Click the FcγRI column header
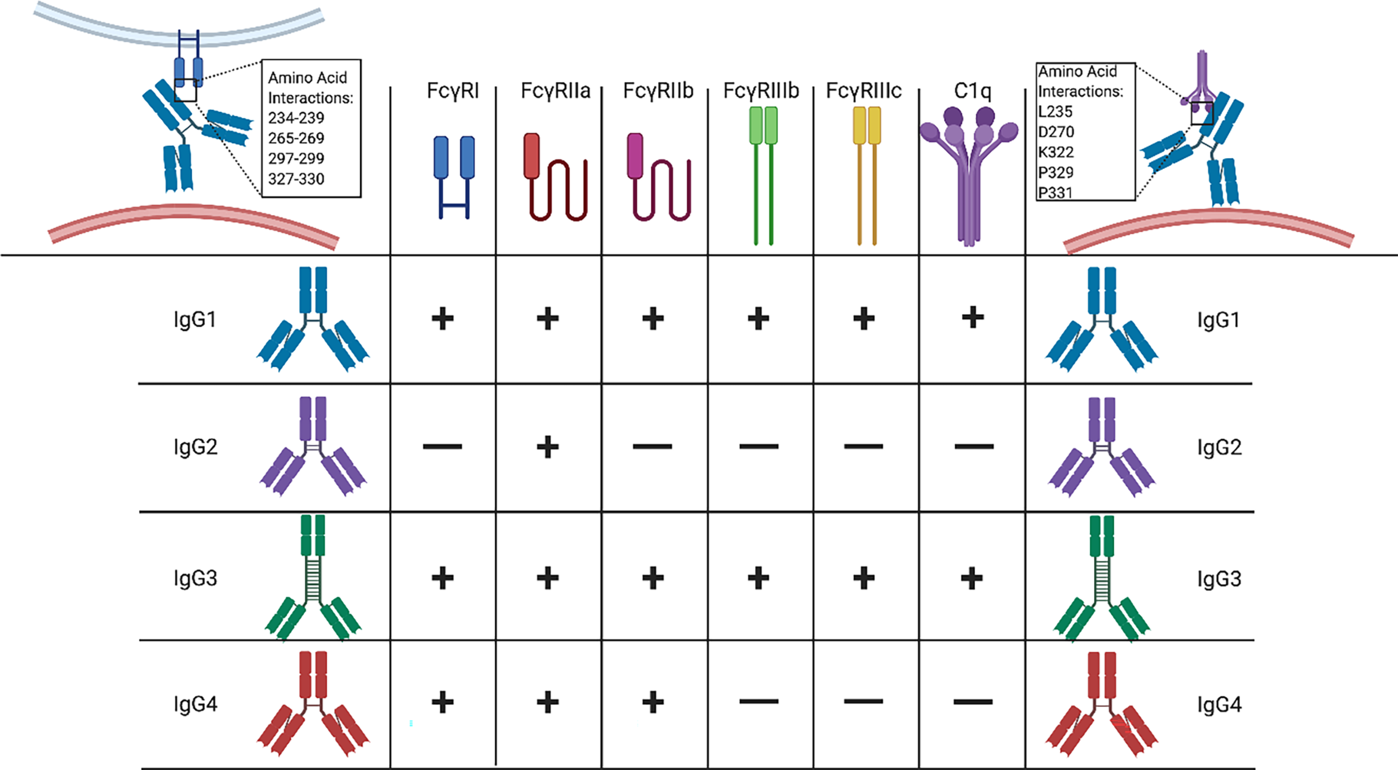pyautogui.click(x=452, y=91)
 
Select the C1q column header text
pyautogui.click(x=972, y=91)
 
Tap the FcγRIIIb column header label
pyautogui.click(x=761, y=91)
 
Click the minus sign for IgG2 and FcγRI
pyautogui.click(x=442, y=446)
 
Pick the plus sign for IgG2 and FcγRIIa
pyautogui.click(x=547, y=447)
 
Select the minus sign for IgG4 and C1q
pyautogui.click(x=973, y=702)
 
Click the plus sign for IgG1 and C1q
pyautogui.click(x=973, y=318)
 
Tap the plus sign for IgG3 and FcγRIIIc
pyautogui.click(x=863, y=578)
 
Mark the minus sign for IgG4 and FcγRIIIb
pyautogui.click(x=759, y=701)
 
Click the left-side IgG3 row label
pyautogui.click(x=195, y=578)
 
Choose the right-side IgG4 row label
pyautogui.click(x=1220, y=705)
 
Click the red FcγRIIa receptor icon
pyautogui.click(x=554, y=176)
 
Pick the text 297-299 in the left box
pyautogui.click(x=296, y=159)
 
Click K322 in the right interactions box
pyautogui.click(x=1056, y=152)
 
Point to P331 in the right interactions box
pyautogui.click(x=1055, y=193)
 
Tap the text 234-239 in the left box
pyautogui.click(x=296, y=118)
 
